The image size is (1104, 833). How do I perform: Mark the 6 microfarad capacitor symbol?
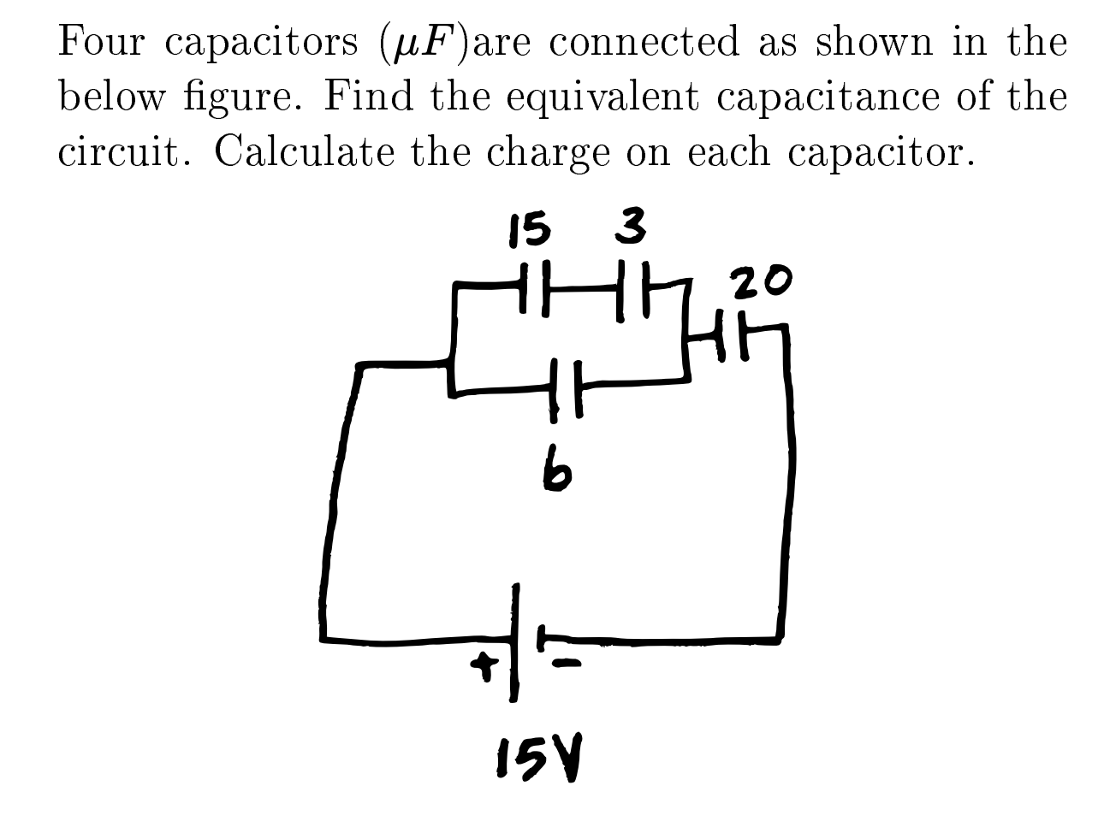point(565,387)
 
